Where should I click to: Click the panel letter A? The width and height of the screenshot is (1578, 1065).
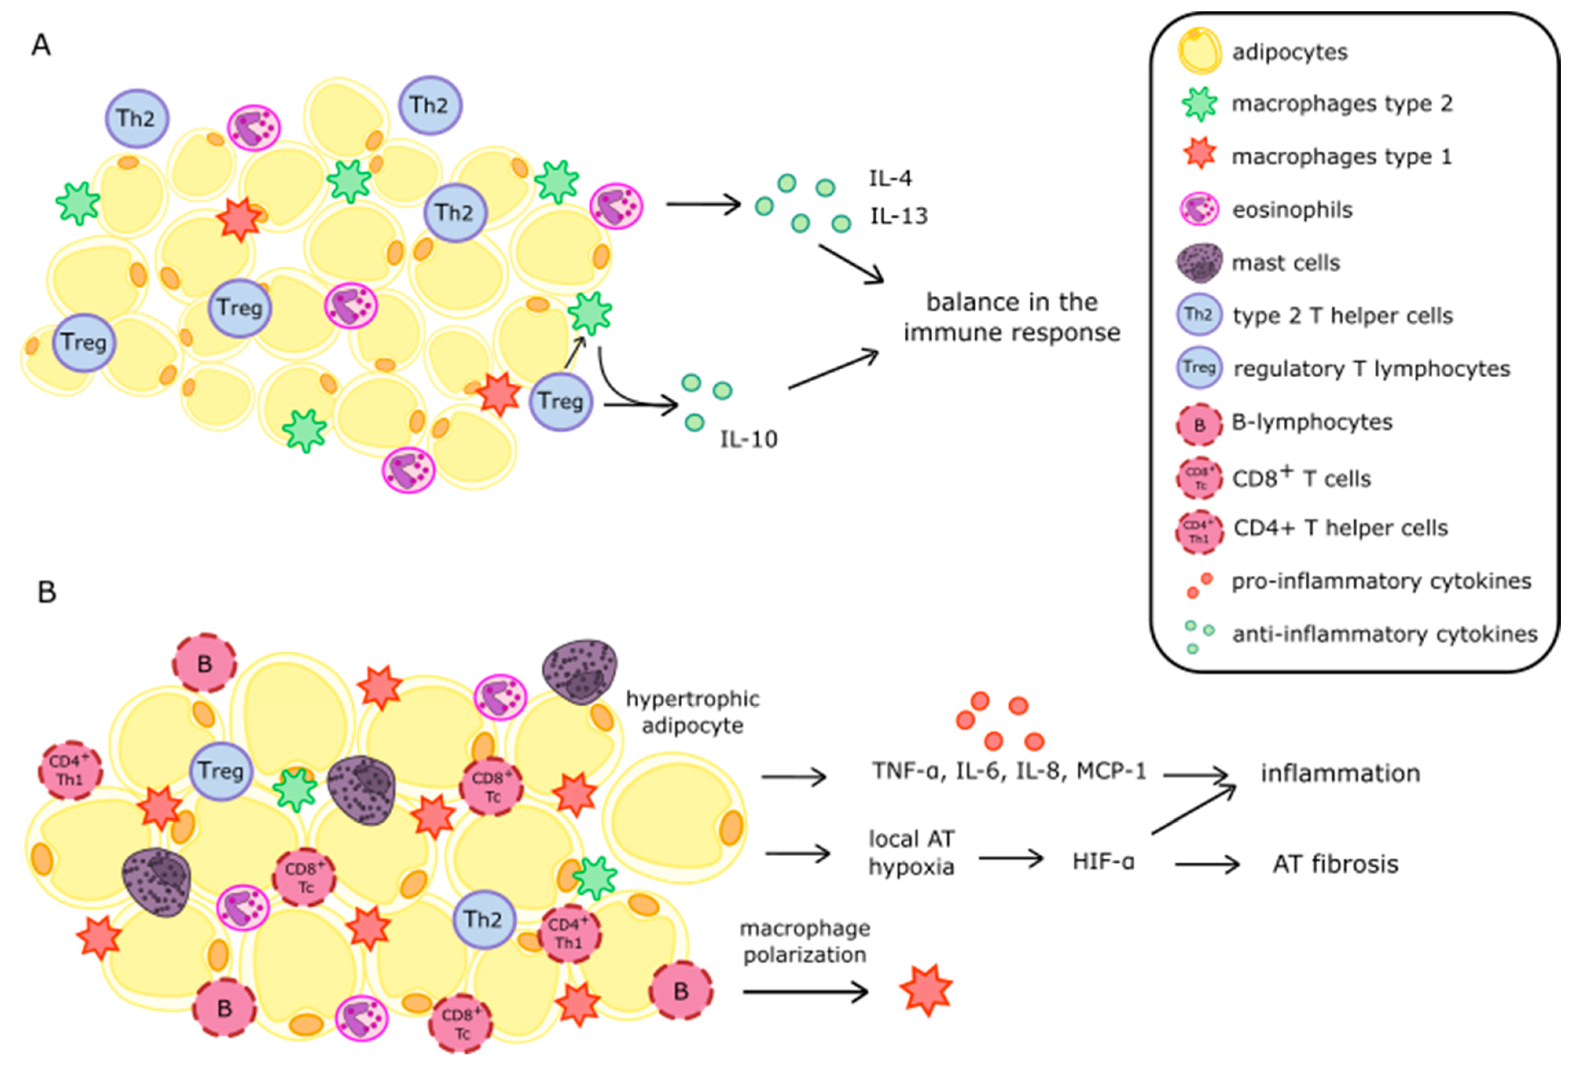(x=41, y=46)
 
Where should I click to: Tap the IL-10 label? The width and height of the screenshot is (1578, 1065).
(x=748, y=440)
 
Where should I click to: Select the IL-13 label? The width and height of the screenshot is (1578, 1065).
(x=898, y=216)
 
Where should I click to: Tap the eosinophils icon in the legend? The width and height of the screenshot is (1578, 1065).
(x=1199, y=209)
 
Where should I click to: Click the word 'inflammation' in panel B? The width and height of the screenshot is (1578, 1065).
(x=1340, y=773)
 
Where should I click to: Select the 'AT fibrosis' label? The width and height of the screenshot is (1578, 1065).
(x=1335, y=864)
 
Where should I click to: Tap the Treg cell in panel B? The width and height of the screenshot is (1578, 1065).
(x=220, y=771)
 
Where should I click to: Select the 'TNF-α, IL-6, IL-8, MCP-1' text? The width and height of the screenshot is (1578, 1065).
(x=1009, y=771)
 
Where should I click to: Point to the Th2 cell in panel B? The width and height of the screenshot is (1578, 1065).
(x=483, y=919)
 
